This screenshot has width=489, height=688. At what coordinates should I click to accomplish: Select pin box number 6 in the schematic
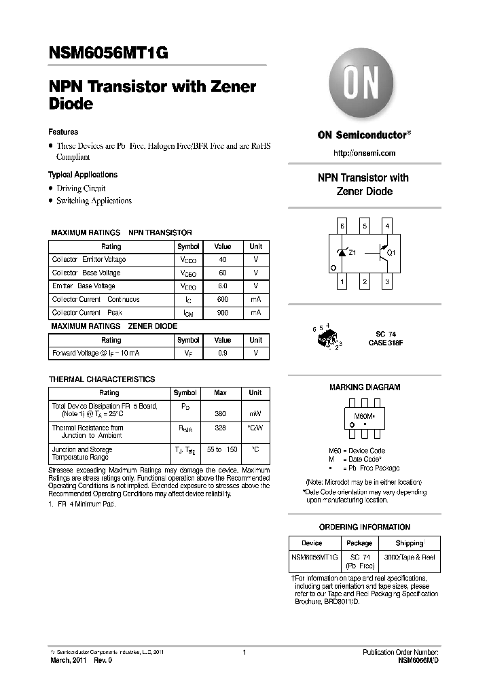click(342, 226)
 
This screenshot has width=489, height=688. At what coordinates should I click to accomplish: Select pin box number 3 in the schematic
click(387, 281)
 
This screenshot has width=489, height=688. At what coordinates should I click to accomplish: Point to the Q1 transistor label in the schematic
click(391, 253)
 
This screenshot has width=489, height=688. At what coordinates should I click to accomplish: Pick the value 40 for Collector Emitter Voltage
click(222, 260)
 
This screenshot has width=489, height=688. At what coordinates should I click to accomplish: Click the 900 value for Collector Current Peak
click(222, 313)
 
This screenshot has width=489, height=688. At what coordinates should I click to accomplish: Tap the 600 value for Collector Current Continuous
click(222, 299)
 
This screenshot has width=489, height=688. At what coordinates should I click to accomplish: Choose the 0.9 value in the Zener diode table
click(222, 354)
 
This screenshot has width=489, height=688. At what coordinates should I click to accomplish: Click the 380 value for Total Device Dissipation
click(220, 413)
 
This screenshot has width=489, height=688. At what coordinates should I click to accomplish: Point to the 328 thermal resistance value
click(220, 428)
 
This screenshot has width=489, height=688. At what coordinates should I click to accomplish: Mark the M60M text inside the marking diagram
click(365, 415)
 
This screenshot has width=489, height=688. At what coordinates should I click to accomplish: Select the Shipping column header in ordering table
click(409, 543)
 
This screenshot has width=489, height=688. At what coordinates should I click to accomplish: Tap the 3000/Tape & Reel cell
click(409, 557)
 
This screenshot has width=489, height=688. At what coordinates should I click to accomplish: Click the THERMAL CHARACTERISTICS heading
click(102, 379)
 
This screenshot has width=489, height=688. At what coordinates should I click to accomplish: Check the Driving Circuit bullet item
click(81, 188)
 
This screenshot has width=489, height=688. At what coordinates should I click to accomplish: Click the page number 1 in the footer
click(244, 652)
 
